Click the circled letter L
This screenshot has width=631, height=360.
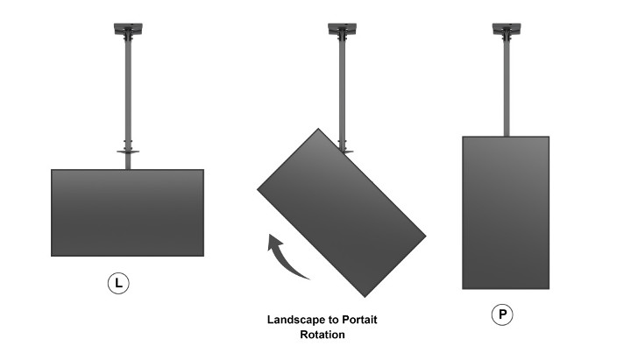[118, 283]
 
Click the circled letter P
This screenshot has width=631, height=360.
[502, 314]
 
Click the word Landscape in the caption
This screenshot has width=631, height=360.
[296, 320]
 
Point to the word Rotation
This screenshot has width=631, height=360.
[323, 335]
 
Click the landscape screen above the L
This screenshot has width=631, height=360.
[128, 213]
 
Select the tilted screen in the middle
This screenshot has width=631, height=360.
[341, 213]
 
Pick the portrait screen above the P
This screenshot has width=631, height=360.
[506, 213]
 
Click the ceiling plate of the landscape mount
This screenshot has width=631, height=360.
[128, 29]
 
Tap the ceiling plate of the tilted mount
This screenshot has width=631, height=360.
[342, 29]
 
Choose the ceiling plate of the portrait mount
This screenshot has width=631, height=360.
[507, 29]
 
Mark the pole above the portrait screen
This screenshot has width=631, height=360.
[507, 86]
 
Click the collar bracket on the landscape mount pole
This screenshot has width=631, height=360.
[128, 152]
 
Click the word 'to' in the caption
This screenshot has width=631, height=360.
[334, 321]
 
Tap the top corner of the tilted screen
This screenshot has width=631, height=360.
[318, 128]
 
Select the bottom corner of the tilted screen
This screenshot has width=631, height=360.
[365, 297]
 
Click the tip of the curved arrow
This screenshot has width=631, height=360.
[270, 234]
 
